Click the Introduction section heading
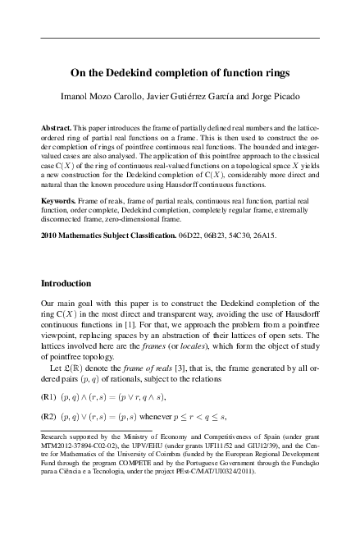70,284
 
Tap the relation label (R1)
48,396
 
